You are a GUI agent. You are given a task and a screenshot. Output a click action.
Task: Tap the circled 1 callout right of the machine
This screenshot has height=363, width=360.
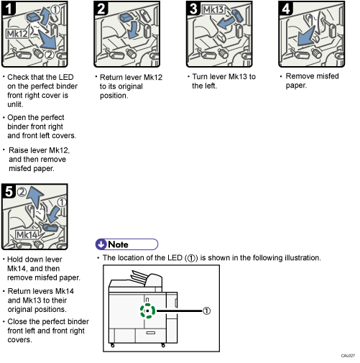[206, 311]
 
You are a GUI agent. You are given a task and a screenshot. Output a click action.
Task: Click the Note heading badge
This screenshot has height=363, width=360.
[126, 244]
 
